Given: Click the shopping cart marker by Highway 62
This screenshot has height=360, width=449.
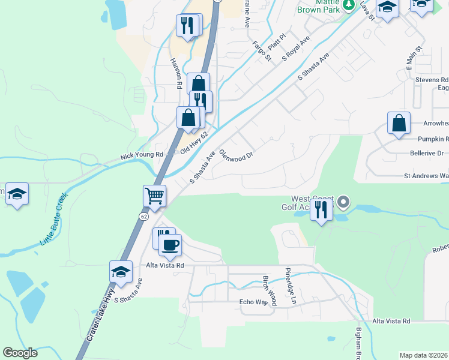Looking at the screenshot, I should (155, 196).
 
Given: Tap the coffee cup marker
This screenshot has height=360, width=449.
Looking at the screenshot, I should (172, 244).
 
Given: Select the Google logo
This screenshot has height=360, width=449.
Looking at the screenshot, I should (20, 353).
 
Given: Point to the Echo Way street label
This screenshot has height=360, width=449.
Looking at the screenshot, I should (253, 302).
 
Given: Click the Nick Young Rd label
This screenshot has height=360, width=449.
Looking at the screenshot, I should (142, 155).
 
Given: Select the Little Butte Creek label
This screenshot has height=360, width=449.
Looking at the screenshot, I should (54, 219).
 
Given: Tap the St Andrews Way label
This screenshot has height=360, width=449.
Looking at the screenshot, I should (426, 176).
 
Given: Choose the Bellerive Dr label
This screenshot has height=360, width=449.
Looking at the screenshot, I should (426, 153).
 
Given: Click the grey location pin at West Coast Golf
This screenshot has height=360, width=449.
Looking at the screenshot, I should (343, 202).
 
